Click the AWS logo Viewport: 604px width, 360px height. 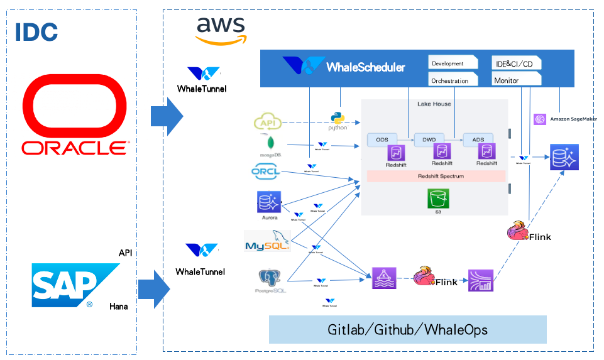pos(221,31)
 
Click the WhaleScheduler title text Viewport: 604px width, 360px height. pos(365,67)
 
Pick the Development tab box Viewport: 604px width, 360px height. pos(453,63)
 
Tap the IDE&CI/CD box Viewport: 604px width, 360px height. pos(516,63)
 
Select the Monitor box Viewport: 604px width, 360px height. pos(516,80)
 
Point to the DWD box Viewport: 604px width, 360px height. pos(429,139)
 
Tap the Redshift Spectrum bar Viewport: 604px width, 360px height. pos(436,177)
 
